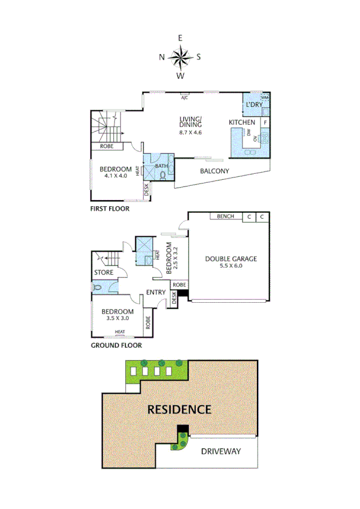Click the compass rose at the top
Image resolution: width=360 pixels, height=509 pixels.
point(180,58)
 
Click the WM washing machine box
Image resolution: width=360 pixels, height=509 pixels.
point(265,97)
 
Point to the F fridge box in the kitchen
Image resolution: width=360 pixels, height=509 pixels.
point(265,122)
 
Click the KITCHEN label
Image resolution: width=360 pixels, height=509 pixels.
point(242,123)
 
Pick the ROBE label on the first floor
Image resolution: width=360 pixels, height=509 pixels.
point(108,146)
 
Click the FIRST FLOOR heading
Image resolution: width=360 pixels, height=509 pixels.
point(110,209)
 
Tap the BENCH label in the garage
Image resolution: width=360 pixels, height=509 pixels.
point(225,216)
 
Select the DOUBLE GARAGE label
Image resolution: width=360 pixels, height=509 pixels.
point(231,259)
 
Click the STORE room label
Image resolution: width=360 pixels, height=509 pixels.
point(103,273)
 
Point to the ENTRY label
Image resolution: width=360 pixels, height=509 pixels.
point(156,292)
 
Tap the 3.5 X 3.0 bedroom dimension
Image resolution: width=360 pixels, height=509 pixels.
point(117,319)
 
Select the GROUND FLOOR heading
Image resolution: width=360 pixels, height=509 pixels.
point(116,346)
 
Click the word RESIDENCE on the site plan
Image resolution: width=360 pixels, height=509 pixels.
point(179,410)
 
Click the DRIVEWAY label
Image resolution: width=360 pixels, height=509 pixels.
point(220,451)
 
